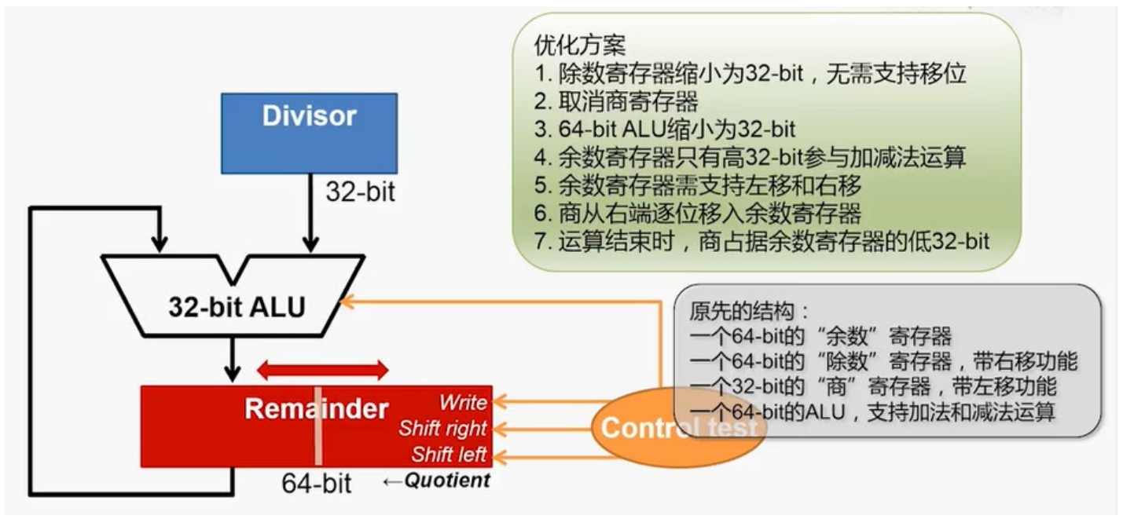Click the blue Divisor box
[x=308, y=133]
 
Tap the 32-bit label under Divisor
[x=361, y=192]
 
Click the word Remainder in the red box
[x=316, y=408]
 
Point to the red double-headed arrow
[x=323, y=370]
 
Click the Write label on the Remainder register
[x=463, y=403]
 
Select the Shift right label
[x=442, y=429]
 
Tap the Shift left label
[x=449, y=455]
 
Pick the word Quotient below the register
[x=446, y=481]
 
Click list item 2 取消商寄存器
[x=616, y=101]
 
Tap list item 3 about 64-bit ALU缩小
[x=665, y=129]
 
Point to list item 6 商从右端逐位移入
[x=698, y=212]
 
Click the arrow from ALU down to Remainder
[x=233, y=357]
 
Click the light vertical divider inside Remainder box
[x=318, y=426]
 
